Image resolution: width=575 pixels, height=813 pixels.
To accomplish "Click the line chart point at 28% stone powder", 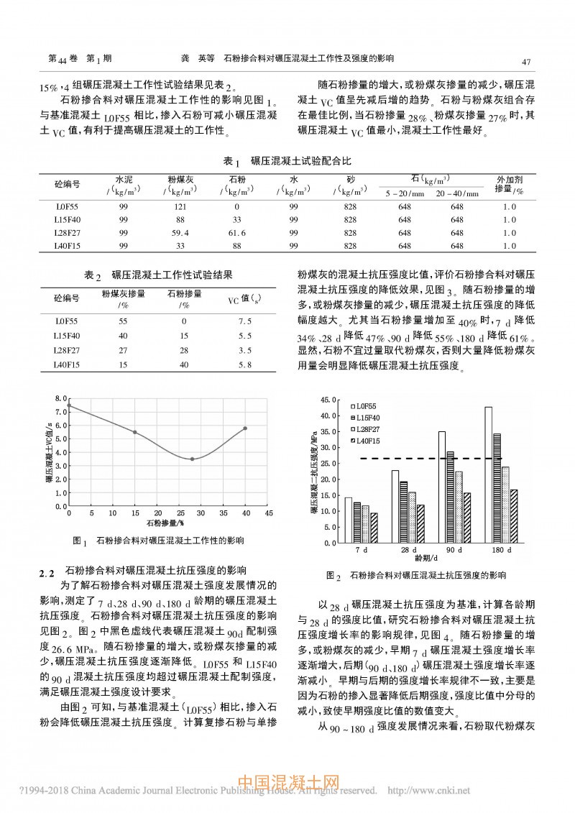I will (x=192, y=459).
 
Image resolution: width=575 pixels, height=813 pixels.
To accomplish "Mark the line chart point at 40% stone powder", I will (x=245, y=428).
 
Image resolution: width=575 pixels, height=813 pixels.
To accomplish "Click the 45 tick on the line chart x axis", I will (x=269, y=514).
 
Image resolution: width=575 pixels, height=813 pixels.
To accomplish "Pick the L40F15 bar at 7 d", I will (x=374, y=528).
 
